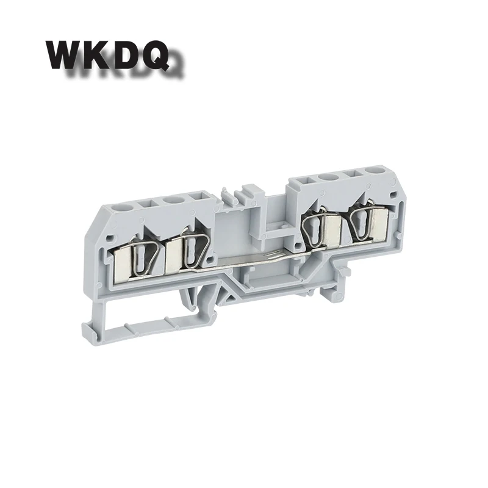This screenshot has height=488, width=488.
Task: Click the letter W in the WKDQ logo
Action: point(63,54)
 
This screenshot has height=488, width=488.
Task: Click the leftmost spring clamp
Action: point(144,257)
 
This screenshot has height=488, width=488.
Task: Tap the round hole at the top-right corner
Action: point(371,170)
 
